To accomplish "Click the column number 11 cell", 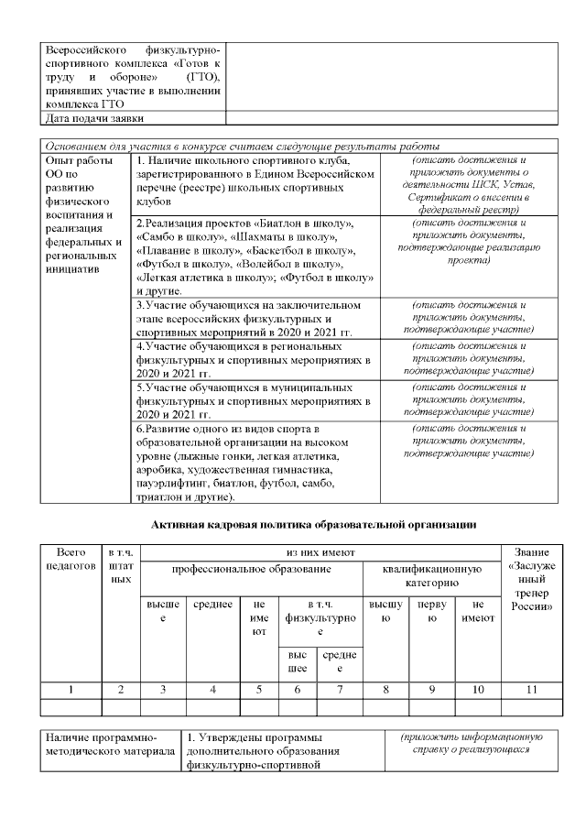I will (529, 689).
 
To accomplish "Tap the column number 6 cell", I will (297, 689).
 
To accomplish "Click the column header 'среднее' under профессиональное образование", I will (212, 606).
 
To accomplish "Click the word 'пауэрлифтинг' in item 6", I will (174, 483).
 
